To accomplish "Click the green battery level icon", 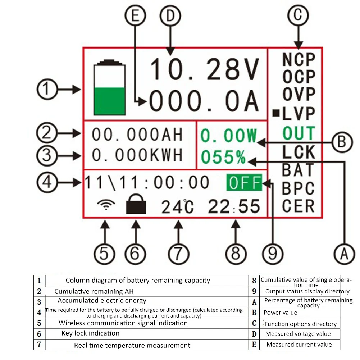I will (110, 90).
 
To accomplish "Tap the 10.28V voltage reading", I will (204, 69).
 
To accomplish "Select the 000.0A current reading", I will (204, 102).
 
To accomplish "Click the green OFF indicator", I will (244, 183).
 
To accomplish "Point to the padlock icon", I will (136, 206).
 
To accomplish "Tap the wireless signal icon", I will (106, 206).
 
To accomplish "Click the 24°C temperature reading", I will (177, 207).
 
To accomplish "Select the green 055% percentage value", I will (223, 157).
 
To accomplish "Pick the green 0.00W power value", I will (229, 136).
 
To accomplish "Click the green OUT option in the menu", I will (299, 133).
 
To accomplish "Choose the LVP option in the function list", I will (299, 114).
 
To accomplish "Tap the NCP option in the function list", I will (299, 59).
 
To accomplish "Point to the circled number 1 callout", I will (47, 90).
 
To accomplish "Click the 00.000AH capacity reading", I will (137, 135).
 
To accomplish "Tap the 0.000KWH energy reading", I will (137, 155).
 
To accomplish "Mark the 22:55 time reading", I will (234, 207).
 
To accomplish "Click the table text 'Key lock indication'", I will (90, 333).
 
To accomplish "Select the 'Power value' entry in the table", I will (281, 313).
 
